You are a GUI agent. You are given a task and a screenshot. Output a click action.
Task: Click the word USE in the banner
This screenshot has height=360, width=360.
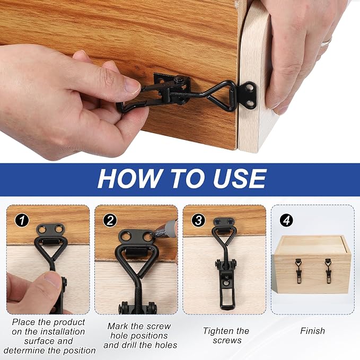coord(240,179)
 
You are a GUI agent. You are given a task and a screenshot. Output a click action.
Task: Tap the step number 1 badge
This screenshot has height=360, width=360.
coord(22,221)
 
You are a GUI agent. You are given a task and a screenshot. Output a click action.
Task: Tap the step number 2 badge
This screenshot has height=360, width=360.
coord(110,221)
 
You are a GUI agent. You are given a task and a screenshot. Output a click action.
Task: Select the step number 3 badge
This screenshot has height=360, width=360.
coord(198,221)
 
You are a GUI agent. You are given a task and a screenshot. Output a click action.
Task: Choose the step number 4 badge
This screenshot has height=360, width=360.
coord(286,221)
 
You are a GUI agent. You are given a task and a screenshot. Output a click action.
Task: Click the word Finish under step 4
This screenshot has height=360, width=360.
coord(312,331)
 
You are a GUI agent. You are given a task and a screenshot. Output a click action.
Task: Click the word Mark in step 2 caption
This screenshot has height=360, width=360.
coord(117,326)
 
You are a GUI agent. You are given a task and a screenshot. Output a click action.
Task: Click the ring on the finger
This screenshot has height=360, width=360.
coord(326,42)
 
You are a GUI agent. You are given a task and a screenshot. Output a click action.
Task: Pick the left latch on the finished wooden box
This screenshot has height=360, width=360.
coord(298,271)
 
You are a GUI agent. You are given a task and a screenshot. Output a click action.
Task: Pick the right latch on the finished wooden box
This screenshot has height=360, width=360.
coord(329,271)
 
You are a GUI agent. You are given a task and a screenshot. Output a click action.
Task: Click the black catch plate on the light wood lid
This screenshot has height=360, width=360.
coord(249,95)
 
